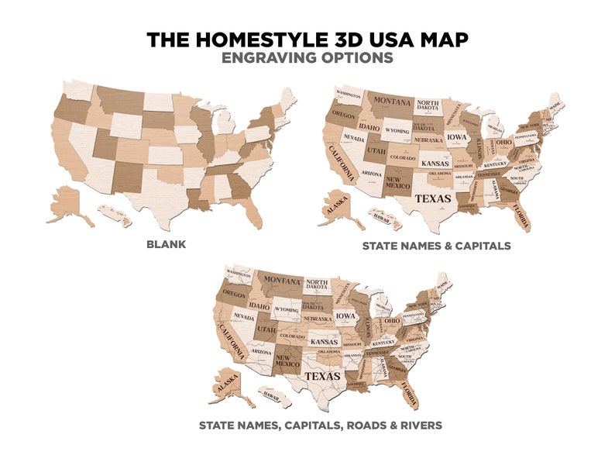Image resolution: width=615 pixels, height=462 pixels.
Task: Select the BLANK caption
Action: [167, 245]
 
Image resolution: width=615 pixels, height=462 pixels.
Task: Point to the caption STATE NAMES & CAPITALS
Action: [436, 246]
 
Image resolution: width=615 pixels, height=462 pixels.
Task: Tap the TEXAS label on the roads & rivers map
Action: [321, 376]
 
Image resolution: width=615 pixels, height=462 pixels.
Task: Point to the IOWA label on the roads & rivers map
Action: [346, 316]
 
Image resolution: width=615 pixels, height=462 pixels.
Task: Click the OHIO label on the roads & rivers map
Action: [393, 321]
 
